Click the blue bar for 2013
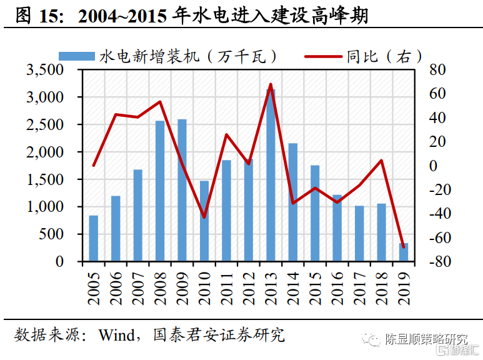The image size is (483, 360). [271, 175]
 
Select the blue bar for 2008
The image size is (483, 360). [160, 191]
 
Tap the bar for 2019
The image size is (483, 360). [403, 252]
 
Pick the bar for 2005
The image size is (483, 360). [94, 238]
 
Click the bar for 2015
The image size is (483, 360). [315, 213]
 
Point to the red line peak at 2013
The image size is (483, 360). [271, 84]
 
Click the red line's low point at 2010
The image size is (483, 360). [204, 217]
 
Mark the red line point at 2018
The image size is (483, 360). [381, 161]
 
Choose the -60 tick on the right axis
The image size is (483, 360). [435, 238]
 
